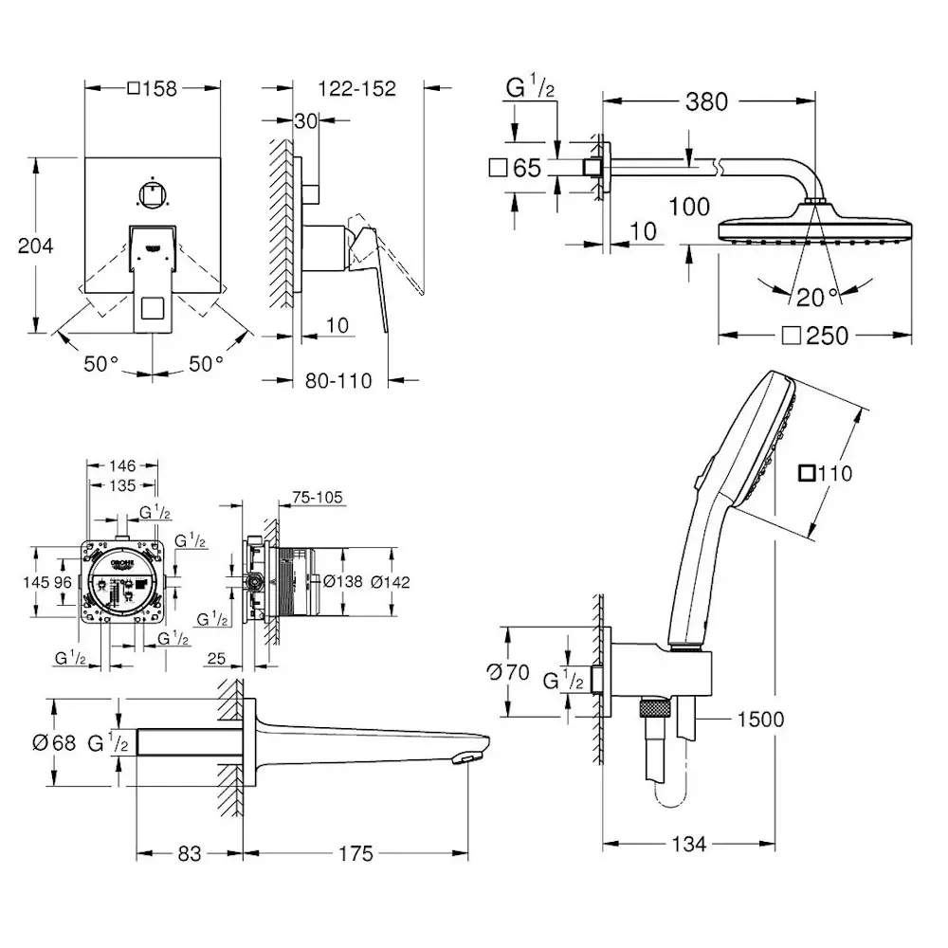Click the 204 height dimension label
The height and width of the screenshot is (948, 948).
click(x=36, y=246)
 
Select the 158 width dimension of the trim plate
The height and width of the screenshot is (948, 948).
click(x=153, y=89)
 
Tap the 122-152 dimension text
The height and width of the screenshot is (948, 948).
click(x=356, y=89)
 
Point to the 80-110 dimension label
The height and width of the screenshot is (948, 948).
click(x=338, y=381)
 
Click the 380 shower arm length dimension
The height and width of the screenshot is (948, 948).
click(x=707, y=101)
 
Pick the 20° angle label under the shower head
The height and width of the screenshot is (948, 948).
click(x=818, y=298)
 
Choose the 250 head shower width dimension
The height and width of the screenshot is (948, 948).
click(x=816, y=337)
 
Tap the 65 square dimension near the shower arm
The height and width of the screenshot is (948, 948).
click(x=515, y=168)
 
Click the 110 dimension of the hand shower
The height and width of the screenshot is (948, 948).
click(x=826, y=473)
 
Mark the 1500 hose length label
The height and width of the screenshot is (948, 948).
click(x=760, y=719)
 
